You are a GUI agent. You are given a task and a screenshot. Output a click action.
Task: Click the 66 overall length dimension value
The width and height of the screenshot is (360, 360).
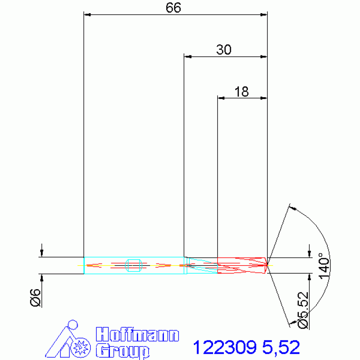tap(173, 8)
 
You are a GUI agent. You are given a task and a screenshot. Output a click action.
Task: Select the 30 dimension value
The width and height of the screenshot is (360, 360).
tap(223, 50)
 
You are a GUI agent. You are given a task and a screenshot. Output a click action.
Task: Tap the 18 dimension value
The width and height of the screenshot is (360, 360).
tap(241, 92)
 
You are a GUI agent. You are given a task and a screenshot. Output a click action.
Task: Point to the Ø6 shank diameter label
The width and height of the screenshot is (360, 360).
tap(36, 298)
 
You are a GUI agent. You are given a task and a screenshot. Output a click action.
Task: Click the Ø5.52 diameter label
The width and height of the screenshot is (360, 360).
tap(303, 310)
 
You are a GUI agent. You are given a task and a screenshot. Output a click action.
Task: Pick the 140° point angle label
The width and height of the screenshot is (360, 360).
tap(324, 266)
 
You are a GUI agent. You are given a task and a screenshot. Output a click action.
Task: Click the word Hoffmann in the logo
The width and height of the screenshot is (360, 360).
tap(138, 335)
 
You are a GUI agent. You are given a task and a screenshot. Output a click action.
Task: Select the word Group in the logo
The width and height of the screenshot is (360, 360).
tap(123, 351)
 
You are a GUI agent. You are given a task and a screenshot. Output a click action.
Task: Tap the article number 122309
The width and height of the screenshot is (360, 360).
tap(224, 347)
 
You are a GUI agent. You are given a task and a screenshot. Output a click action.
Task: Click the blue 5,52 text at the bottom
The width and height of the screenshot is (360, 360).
tap(281, 347)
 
